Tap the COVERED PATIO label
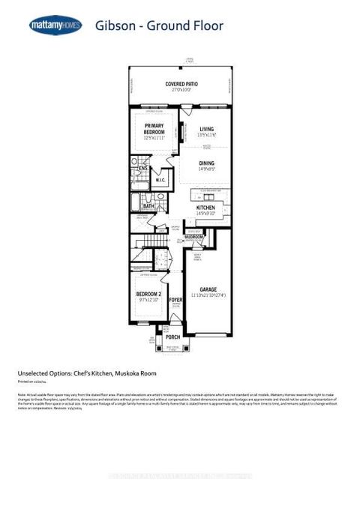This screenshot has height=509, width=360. [180, 83]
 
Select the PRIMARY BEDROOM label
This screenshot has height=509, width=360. [154, 128]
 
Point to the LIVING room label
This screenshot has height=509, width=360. [206, 128]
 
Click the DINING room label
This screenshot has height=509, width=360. [206, 163]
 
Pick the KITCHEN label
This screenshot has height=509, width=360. [205, 208]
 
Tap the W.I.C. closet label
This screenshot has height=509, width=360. [160, 180]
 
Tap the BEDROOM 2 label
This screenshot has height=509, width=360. [149, 294]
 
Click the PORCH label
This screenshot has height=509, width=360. [173, 337]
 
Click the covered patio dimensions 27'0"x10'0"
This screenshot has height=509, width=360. [180, 90]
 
